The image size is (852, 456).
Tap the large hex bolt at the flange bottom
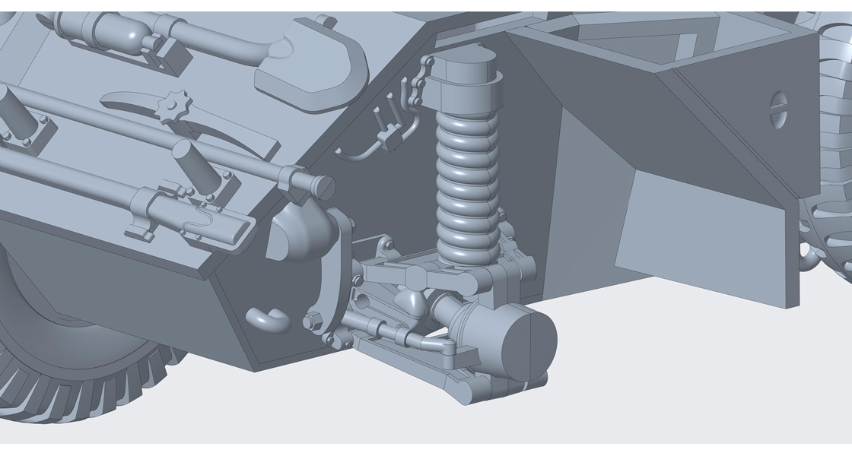point(312,321)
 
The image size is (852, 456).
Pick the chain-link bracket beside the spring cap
point(417,84)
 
